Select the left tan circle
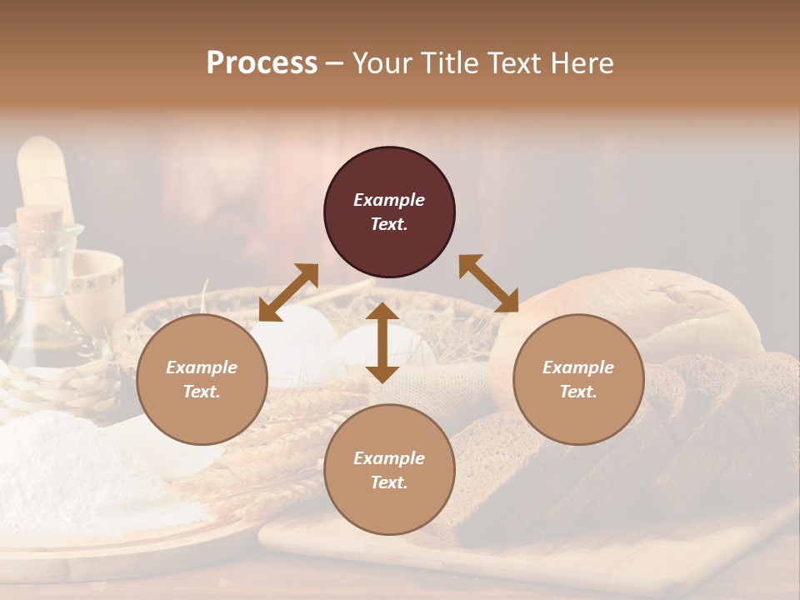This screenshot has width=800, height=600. pos(202,380)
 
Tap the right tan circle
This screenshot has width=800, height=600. pos(578,380)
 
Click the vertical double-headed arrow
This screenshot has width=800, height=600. pos(382,342)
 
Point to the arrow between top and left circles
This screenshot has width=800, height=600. pos(288,292)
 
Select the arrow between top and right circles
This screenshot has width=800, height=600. pos(488,283)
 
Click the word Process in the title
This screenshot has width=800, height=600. pos(262,62)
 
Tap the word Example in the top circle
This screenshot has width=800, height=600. pos(389,200)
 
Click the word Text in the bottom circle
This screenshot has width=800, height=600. pos(389,482)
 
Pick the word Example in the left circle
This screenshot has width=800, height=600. pos(202,367)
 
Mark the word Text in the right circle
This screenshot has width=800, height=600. pos(578,392)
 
